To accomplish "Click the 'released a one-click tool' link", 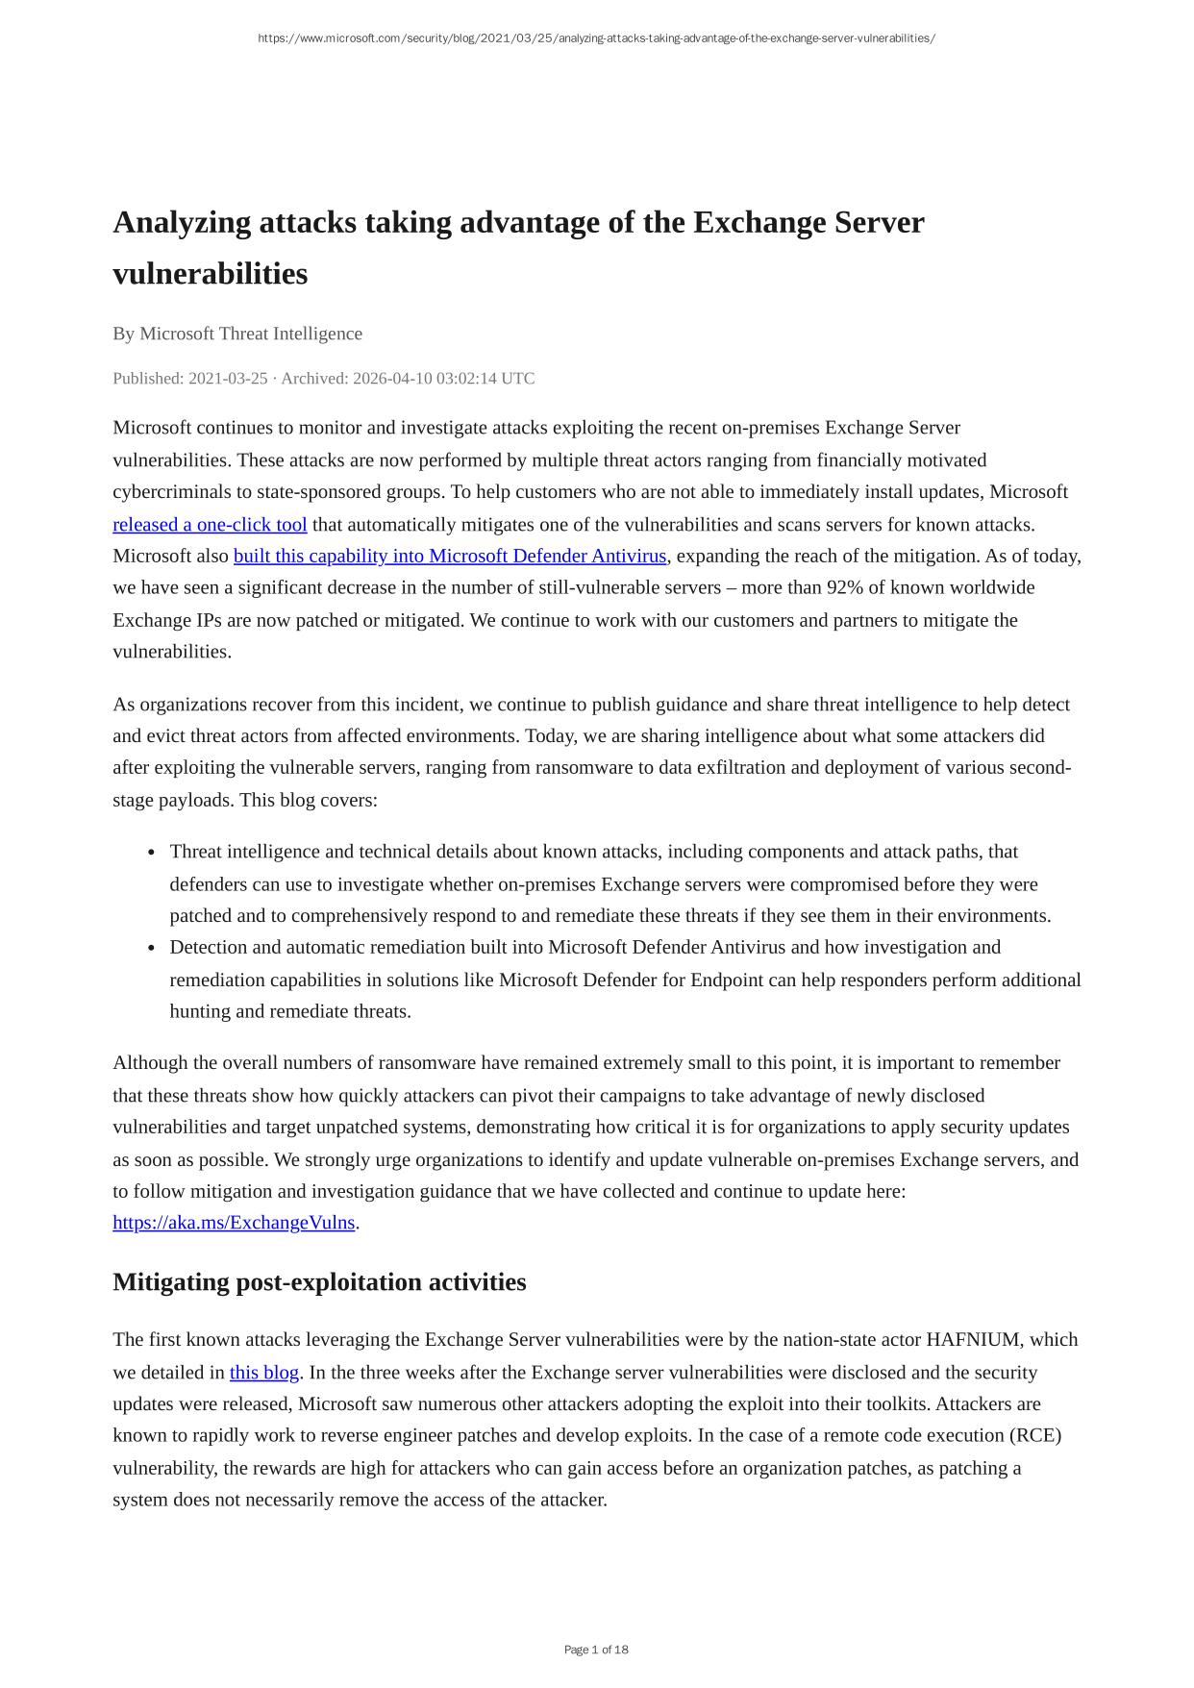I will (x=210, y=525).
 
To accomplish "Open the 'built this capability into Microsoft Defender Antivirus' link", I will (x=449, y=557).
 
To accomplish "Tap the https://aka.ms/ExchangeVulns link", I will (x=234, y=1223).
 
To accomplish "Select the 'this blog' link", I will (x=264, y=1373).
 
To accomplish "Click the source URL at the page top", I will (x=596, y=38).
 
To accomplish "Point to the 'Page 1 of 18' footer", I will (x=596, y=1650).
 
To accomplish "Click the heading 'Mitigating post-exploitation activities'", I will (x=319, y=1282).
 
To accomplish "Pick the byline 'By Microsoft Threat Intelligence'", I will (x=237, y=334).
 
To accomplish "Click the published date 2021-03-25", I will (x=228, y=379).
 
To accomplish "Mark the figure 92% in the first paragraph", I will (x=844, y=588).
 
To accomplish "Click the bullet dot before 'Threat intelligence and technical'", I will (x=152, y=853).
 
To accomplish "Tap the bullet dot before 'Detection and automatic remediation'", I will (x=152, y=948).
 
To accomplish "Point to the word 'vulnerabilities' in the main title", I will (x=210, y=274).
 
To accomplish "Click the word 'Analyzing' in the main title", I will (x=182, y=223).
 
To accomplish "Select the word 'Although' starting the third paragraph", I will (x=147, y=1063).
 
